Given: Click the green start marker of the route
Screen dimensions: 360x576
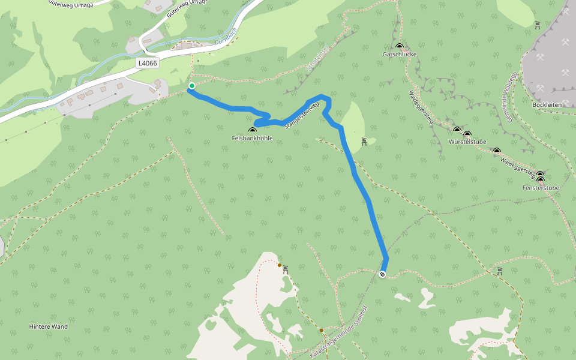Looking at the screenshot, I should (x=192, y=86).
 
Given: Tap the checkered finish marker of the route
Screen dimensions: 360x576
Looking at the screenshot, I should (x=382, y=274).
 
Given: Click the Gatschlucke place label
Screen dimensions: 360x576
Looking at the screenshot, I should (x=400, y=54).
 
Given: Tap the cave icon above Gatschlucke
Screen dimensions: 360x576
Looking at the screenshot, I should (x=400, y=46).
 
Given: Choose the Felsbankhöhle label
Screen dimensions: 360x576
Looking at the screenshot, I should (x=252, y=138).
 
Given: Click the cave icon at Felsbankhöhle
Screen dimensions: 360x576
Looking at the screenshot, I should (x=252, y=130).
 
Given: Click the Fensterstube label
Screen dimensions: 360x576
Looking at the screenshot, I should (x=541, y=188).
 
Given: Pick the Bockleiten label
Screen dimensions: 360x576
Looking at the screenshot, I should (x=547, y=104).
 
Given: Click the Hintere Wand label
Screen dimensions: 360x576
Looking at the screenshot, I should (x=48, y=327).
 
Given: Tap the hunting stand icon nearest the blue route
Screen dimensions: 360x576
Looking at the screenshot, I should (x=364, y=141).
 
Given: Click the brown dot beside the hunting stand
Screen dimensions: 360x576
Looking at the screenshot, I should (x=280, y=265).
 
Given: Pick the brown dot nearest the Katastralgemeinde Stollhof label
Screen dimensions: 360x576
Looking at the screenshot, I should (x=322, y=330).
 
